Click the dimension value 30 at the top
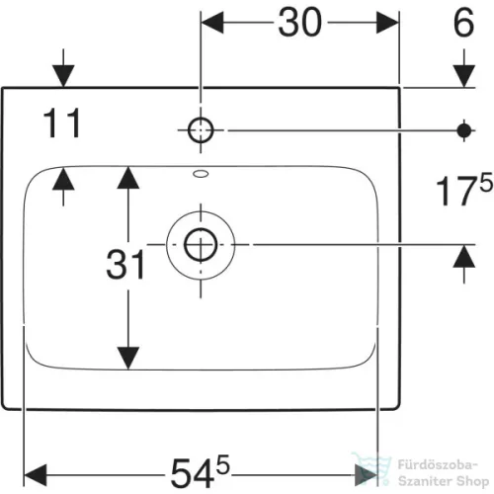point(299,23)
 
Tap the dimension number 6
point(464,23)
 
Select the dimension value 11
point(62,123)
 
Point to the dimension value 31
point(125,265)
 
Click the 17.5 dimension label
point(464,191)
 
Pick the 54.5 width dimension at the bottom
point(200,471)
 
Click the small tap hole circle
point(201,130)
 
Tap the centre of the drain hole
point(201,245)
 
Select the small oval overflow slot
point(201,174)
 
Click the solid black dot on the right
point(464,130)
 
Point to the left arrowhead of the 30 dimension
point(212,23)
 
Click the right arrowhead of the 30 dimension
point(387,23)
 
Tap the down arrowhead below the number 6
point(464,76)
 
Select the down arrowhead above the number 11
point(63,76)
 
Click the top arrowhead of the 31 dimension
point(128,178)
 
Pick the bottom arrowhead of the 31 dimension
point(128,358)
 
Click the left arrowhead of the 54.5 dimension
point(36,475)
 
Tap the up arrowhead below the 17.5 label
point(464,256)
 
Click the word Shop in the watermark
point(472,481)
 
